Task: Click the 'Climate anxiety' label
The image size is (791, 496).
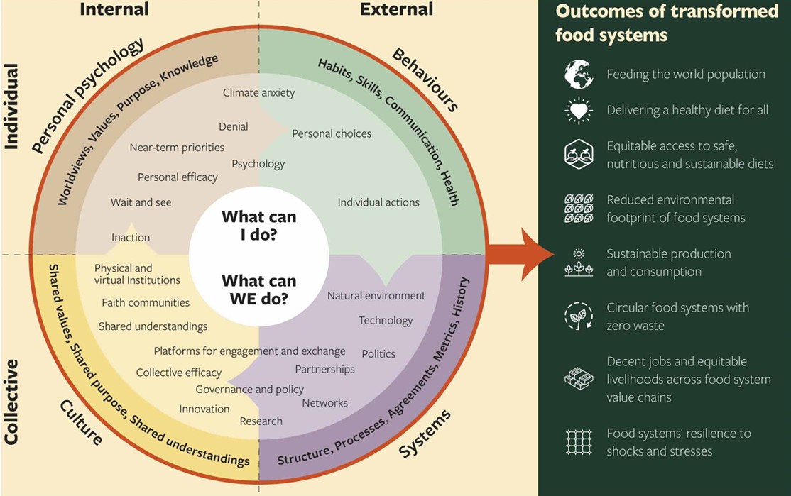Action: pos(258,92)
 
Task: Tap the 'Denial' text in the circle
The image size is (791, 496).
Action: pos(234,126)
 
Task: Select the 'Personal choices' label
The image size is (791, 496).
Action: pos(332,133)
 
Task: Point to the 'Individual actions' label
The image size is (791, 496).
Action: pos(378,202)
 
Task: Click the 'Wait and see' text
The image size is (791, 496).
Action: pos(141,202)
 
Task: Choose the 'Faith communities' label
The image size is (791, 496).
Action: pos(146,302)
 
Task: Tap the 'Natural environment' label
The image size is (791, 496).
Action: pos(376,295)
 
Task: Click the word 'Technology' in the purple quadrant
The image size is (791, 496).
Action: pos(386,320)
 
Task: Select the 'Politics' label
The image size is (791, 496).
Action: pos(378,353)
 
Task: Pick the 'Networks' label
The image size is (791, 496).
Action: pos(324,402)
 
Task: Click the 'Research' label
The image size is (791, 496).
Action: pos(261,421)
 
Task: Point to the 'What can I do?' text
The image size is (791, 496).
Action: pos(258,226)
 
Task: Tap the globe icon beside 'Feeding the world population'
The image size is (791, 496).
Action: pos(578,75)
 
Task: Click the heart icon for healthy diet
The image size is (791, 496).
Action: pos(578,111)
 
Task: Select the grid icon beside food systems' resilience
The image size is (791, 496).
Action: pos(578,442)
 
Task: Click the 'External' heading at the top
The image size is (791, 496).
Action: pos(396,9)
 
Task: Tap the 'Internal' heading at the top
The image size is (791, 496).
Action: pos(114,9)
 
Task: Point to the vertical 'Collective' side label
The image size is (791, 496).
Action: pos(11,402)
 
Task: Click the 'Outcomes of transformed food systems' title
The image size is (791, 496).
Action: pos(667,23)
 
